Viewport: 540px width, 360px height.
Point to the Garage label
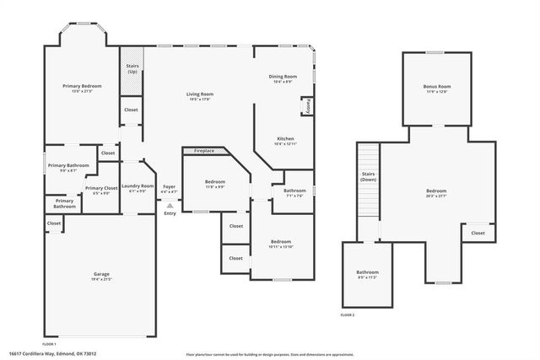(101, 274)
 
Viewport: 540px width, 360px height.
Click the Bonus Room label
(436, 87)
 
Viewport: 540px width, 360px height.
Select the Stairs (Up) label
(132, 67)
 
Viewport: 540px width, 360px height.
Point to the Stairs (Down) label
(368, 177)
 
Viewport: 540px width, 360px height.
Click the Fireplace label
(204, 151)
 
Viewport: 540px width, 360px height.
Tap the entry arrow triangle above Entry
(170, 205)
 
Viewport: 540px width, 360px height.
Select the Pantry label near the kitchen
(309, 107)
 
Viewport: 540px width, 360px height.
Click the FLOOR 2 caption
(348, 314)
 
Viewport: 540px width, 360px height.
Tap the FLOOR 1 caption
(49, 344)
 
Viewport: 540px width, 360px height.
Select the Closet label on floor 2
(478, 233)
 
